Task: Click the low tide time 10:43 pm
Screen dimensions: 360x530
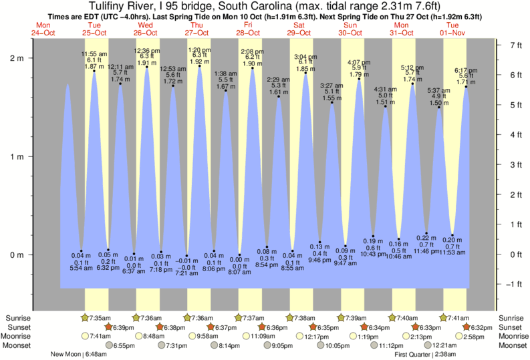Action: click(x=373, y=254)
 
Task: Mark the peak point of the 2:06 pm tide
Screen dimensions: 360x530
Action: click(x=252, y=68)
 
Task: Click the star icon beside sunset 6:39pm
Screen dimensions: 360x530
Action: click(x=109, y=327)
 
